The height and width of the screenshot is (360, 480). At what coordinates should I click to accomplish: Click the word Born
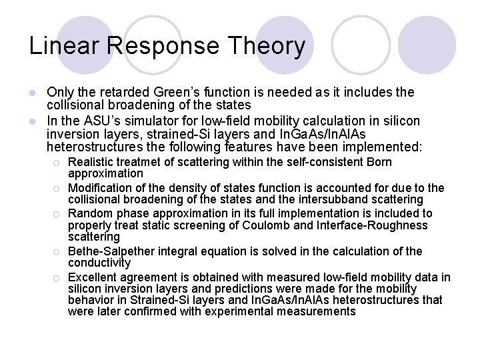coord(380,162)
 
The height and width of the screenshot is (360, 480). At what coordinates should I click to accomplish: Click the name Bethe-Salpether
coord(109,251)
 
